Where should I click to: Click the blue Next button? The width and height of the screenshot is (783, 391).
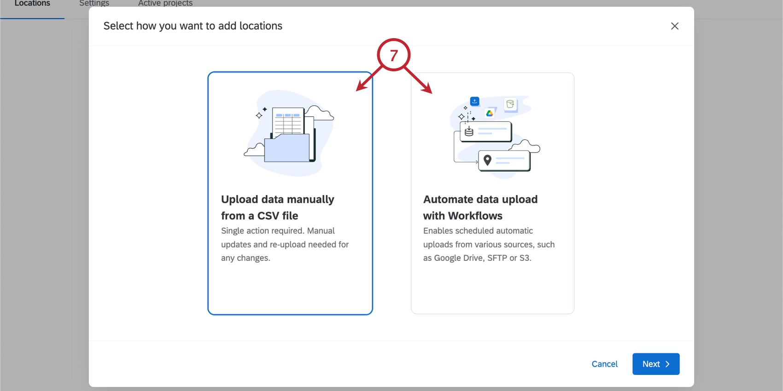655,364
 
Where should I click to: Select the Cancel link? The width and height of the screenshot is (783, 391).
604,364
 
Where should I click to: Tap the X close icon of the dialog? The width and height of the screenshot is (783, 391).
675,26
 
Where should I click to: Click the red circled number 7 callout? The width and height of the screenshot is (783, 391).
393,55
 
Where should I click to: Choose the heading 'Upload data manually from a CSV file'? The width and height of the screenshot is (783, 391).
278,207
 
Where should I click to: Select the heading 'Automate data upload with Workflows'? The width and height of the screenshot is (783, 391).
480,207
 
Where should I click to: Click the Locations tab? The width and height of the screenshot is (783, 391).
32,4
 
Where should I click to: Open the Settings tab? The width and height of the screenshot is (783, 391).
94,4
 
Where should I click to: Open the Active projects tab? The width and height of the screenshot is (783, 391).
165,4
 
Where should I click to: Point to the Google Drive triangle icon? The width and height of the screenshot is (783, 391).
490,113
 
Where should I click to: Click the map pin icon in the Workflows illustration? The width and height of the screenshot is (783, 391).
487,160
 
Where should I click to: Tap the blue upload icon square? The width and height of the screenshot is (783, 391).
474,101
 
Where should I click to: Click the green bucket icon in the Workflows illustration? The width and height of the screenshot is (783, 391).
510,104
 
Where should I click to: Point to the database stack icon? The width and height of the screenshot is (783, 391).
469,132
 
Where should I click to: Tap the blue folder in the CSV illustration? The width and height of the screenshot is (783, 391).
287,148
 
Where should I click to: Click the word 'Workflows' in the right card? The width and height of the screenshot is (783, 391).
475,216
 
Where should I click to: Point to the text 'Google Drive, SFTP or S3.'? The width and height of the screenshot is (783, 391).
482,258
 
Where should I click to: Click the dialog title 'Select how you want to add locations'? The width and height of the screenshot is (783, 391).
193,26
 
